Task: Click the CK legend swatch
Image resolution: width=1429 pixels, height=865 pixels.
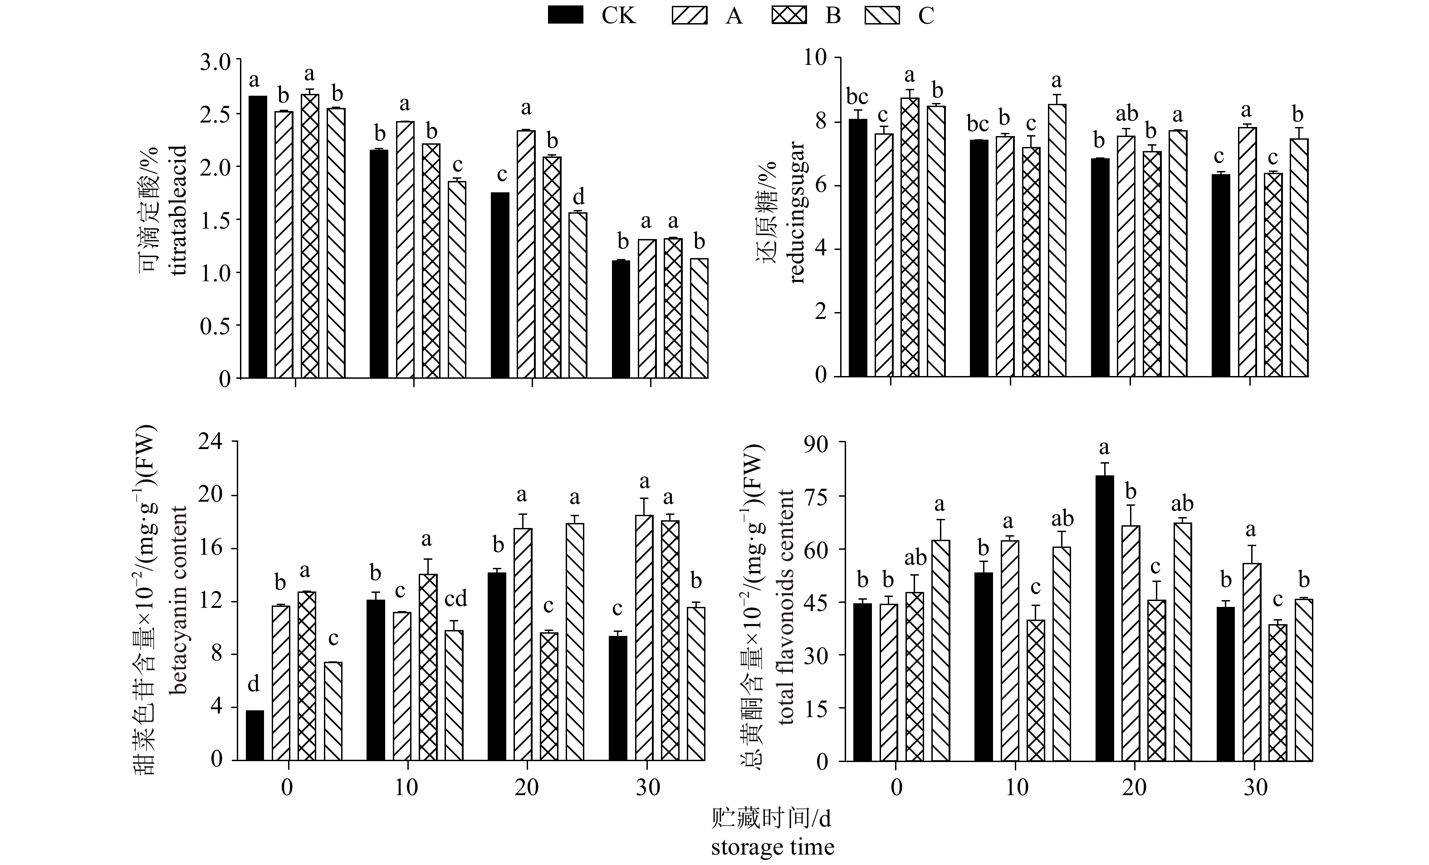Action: pyautogui.click(x=565, y=16)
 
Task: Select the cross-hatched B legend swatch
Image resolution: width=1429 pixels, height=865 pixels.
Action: pyautogui.click(x=789, y=16)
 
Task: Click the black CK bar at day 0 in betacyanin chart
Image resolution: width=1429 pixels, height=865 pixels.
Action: pyautogui.click(x=254, y=735)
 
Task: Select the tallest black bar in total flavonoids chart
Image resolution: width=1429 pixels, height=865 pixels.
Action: pyautogui.click(x=1104, y=617)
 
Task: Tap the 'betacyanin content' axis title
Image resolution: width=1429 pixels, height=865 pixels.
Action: pyautogui.click(x=179, y=600)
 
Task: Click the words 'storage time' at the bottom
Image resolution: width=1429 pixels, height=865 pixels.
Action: pyautogui.click(x=773, y=847)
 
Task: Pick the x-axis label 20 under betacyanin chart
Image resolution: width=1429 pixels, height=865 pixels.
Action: pyautogui.click(x=527, y=787)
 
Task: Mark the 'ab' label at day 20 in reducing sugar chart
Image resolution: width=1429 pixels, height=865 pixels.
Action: pyautogui.click(x=1127, y=114)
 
